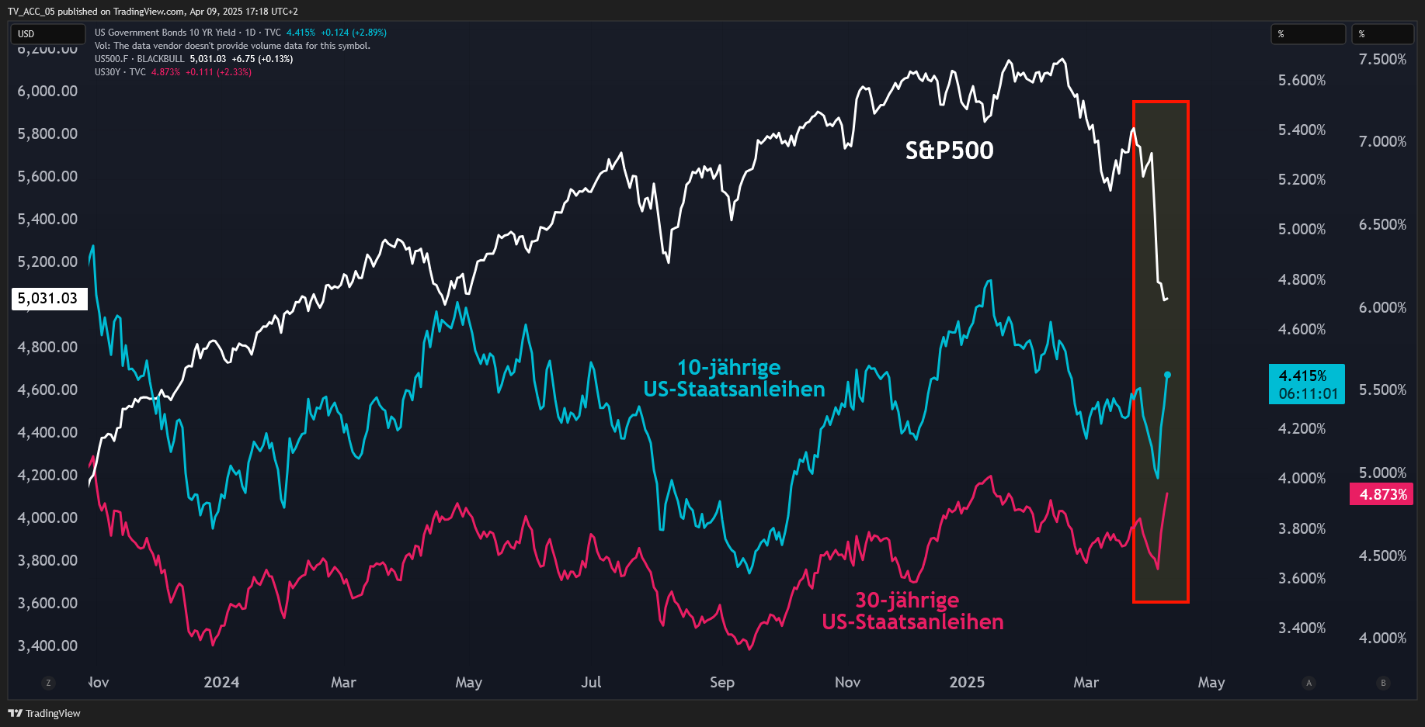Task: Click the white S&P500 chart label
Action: coord(949,150)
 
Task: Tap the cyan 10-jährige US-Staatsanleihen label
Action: coord(734,378)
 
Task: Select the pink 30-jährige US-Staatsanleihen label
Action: coord(912,611)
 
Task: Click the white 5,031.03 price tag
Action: coord(48,299)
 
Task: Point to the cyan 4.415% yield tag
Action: coord(1307,385)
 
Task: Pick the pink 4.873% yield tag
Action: coord(1382,494)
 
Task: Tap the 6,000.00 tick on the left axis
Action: coord(47,91)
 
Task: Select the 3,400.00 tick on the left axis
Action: coord(47,646)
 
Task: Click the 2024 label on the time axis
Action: coord(221,682)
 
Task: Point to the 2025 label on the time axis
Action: coord(967,682)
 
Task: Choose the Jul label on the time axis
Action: coord(591,682)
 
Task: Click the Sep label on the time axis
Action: coord(722,682)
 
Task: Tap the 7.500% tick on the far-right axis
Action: coord(1382,59)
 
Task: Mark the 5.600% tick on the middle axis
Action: coord(1302,80)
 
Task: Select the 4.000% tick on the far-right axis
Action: coord(1382,638)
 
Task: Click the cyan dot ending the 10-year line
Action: coord(1167,375)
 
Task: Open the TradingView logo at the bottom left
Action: coord(44,713)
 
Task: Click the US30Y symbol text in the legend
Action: coord(108,72)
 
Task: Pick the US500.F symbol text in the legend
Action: coord(111,59)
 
